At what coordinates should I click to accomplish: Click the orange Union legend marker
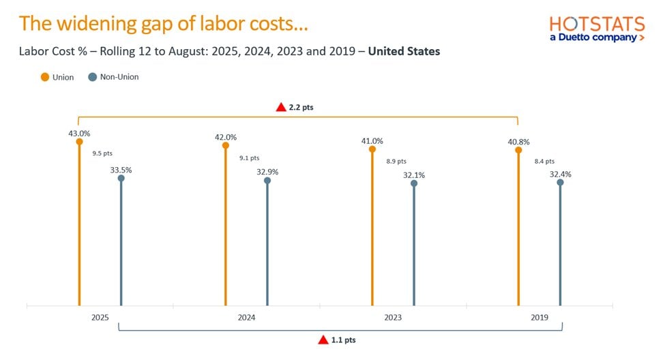[45, 77]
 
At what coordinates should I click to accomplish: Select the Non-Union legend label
[119, 77]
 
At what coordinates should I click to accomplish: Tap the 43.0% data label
[79, 134]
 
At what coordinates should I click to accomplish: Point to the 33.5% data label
[121, 170]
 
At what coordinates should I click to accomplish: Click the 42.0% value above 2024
[225, 137]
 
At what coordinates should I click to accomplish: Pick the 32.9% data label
[267, 172]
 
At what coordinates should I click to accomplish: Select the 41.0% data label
[372, 141]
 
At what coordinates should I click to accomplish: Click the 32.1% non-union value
[413, 175]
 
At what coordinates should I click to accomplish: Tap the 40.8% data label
[518, 142]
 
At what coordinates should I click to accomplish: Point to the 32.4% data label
[560, 175]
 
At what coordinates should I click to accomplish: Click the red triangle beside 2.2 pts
[280, 107]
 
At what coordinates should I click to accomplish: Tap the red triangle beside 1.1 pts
[323, 340]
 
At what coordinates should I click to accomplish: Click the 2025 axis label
[100, 318]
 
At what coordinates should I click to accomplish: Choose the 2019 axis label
[540, 318]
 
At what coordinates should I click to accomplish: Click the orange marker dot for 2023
[372, 149]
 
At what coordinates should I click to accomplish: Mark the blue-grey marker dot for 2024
[267, 181]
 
